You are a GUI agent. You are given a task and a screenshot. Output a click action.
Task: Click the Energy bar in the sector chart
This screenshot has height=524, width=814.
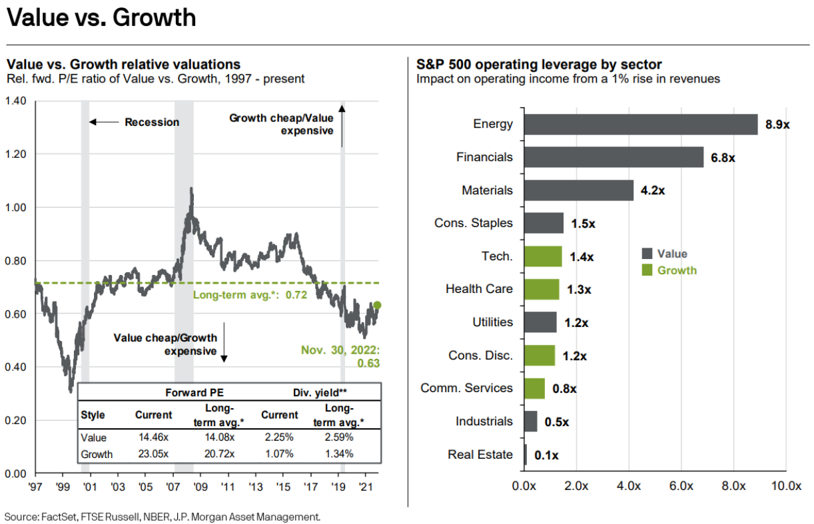point(640,125)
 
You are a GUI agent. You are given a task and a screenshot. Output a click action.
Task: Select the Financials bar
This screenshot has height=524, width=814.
point(613,157)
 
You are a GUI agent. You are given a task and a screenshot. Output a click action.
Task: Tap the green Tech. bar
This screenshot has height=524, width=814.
point(542,256)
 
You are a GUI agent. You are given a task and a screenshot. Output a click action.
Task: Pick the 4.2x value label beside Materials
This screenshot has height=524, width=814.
point(653,190)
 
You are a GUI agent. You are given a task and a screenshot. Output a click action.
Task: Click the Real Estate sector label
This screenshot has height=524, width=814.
point(480,455)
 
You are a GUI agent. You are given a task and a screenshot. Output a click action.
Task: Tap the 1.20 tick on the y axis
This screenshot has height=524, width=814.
point(15,154)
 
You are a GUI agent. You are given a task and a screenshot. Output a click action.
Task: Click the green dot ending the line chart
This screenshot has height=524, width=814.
point(377,305)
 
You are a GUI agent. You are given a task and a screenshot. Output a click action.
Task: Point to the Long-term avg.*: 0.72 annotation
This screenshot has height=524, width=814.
point(250,294)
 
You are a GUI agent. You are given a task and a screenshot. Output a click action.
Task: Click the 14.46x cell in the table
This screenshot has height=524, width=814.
point(153,438)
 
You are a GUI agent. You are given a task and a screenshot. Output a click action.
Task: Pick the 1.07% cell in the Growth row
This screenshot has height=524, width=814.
point(279,454)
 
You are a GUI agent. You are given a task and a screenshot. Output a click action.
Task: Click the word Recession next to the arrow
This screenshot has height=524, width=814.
point(152,123)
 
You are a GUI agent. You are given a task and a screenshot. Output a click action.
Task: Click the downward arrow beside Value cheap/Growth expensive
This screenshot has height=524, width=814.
point(224,344)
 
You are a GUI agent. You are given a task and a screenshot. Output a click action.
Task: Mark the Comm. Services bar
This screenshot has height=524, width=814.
point(534,388)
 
